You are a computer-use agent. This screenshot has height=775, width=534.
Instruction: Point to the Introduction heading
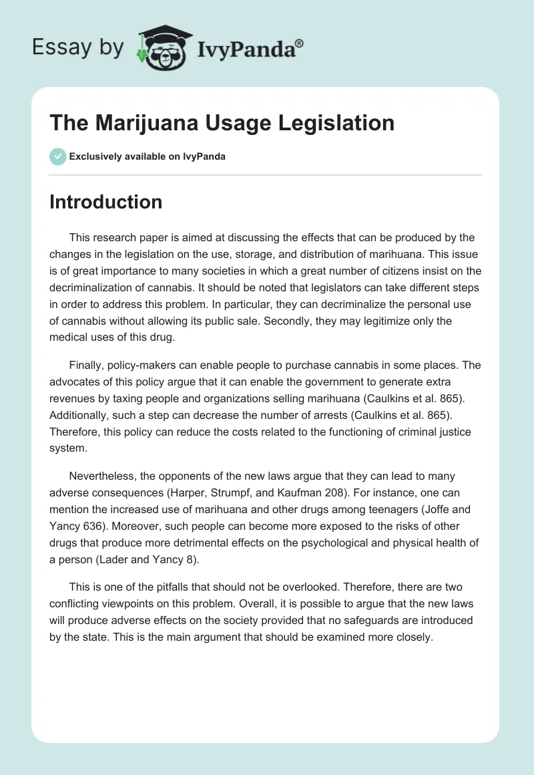(x=106, y=202)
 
